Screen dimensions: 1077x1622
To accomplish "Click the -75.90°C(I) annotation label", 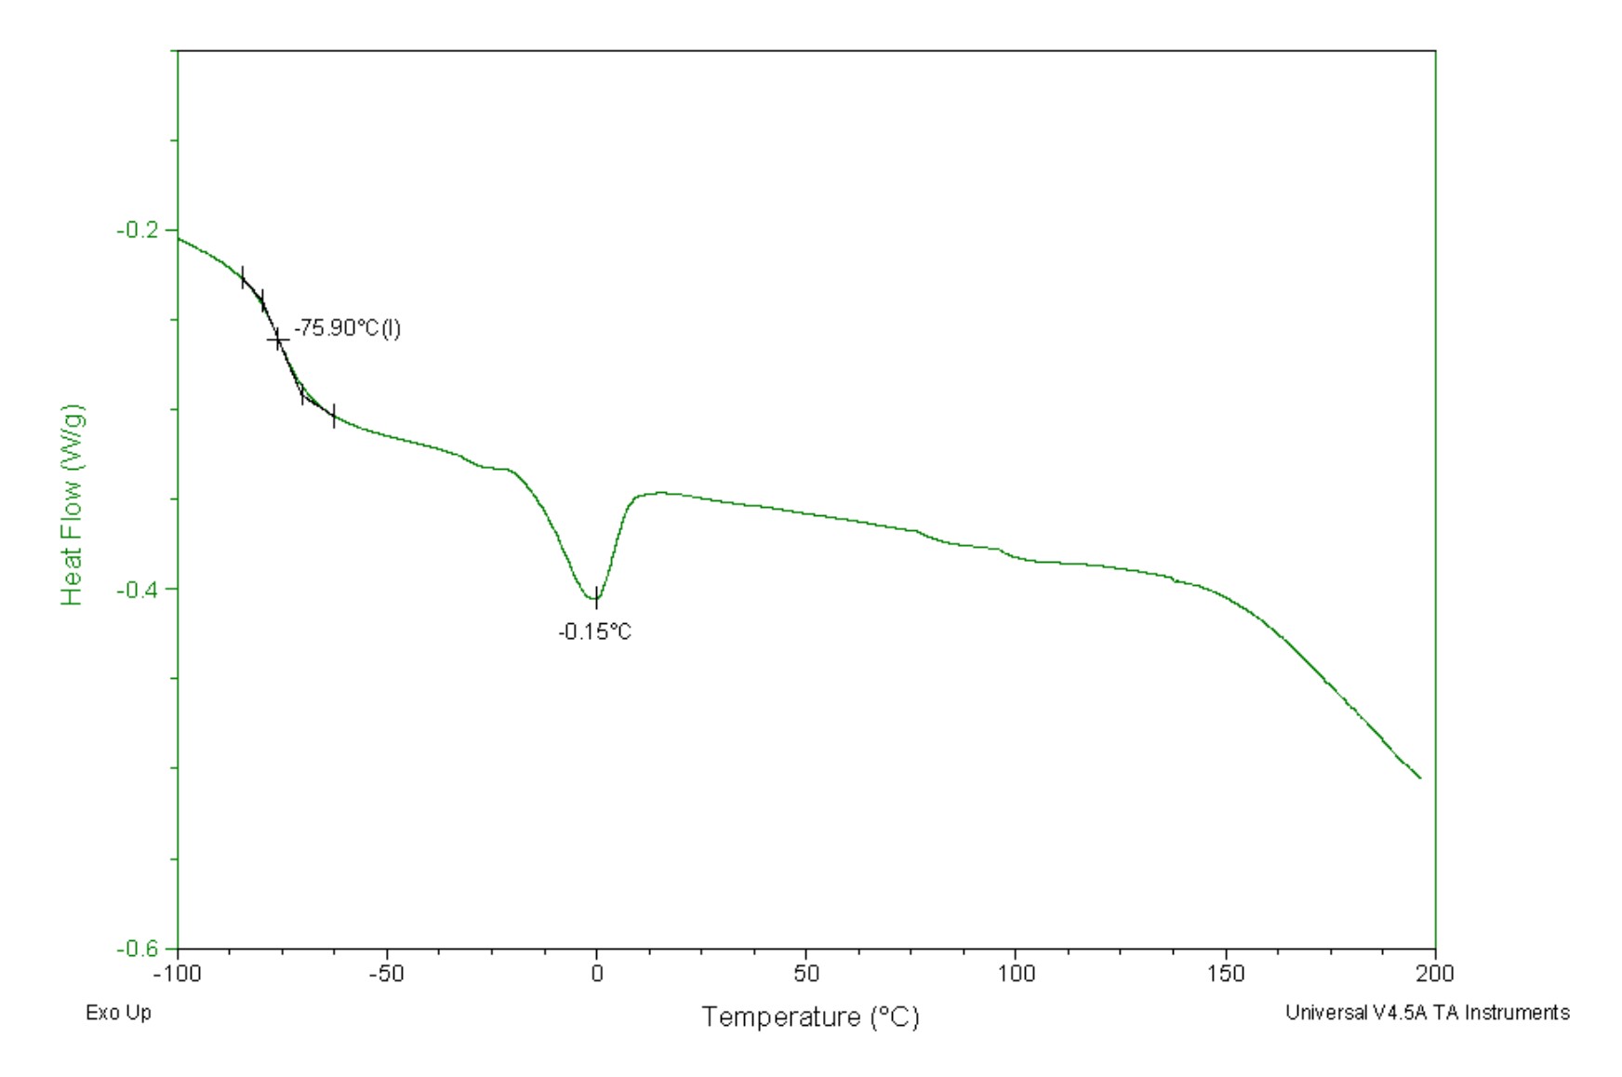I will pyautogui.click(x=347, y=328).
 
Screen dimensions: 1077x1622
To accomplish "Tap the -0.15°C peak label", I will pyautogui.click(x=594, y=632).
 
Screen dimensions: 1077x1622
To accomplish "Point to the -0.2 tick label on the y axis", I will pyautogui.click(x=136, y=230).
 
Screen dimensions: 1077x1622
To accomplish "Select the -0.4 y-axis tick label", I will pyautogui.click(x=136, y=590).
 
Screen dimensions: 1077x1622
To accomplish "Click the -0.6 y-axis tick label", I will pyautogui.click(x=136, y=949).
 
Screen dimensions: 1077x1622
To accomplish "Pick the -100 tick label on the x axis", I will pyautogui.click(x=177, y=974).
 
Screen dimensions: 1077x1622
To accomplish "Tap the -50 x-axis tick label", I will pyautogui.click(x=387, y=974).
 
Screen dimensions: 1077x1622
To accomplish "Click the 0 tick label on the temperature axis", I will pyautogui.click(x=597, y=974).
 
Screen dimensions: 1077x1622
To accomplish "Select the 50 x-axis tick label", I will pyautogui.click(x=806, y=974).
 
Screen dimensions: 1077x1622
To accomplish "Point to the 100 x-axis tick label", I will pyautogui.click(x=1017, y=974).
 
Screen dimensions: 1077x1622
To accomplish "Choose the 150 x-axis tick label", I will pyautogui.click(x=1226, y=974).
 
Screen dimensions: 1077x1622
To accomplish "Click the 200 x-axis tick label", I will pyautogui.click(x=1436, y=974).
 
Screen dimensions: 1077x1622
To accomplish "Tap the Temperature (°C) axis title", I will pyautogui.click(x=810, y=1017).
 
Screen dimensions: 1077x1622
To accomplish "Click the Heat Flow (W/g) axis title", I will pyautogui.click(x=73, y=505).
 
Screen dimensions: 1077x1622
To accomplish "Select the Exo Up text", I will pyautogui.click(x=118, y=1013).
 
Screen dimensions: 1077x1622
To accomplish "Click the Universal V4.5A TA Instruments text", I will pyautogui.click(x=1427, y=1013).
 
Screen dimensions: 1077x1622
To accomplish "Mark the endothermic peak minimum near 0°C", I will pyautogui.click(x=596, y=599).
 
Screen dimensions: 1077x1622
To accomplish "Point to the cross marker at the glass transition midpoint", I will pyautogui.click(x=278, y=340).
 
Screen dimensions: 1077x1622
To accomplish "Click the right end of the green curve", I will pyautogui.click(x=1420, y=778).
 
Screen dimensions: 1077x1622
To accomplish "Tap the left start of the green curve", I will pyautogui.click(x=179, y=239).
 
